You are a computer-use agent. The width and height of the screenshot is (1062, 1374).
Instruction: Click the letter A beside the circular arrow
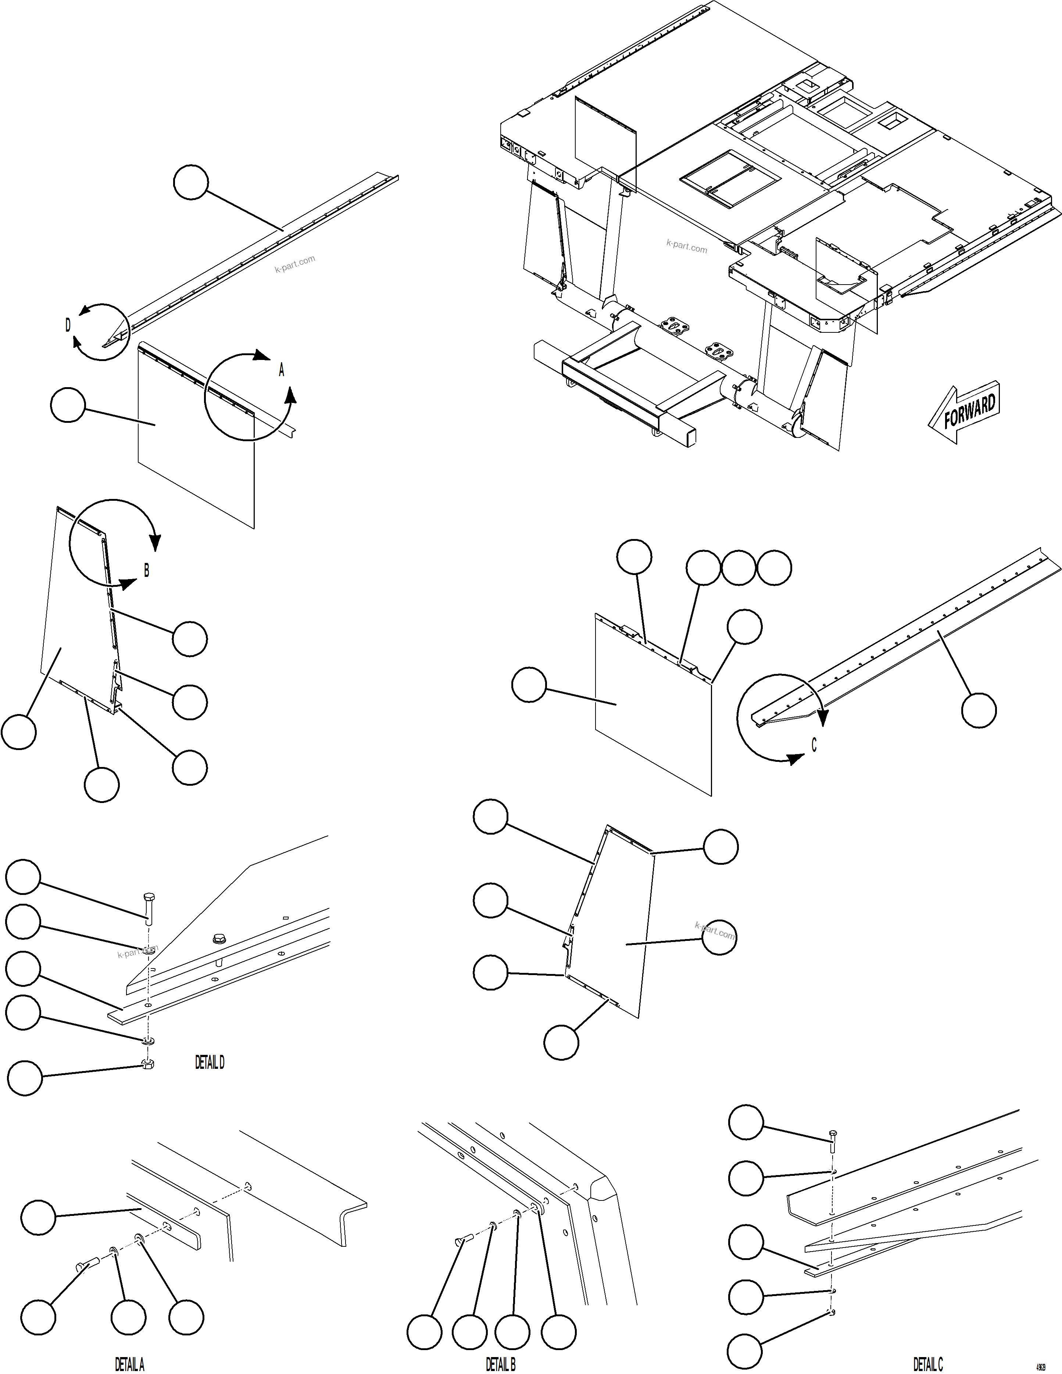[281, 370]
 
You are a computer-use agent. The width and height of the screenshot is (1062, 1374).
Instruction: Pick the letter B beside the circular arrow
[147, 570]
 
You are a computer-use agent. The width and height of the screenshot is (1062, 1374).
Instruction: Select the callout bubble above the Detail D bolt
[23, 877]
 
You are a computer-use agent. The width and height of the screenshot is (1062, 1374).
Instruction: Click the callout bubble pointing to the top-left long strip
[191, 182]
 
